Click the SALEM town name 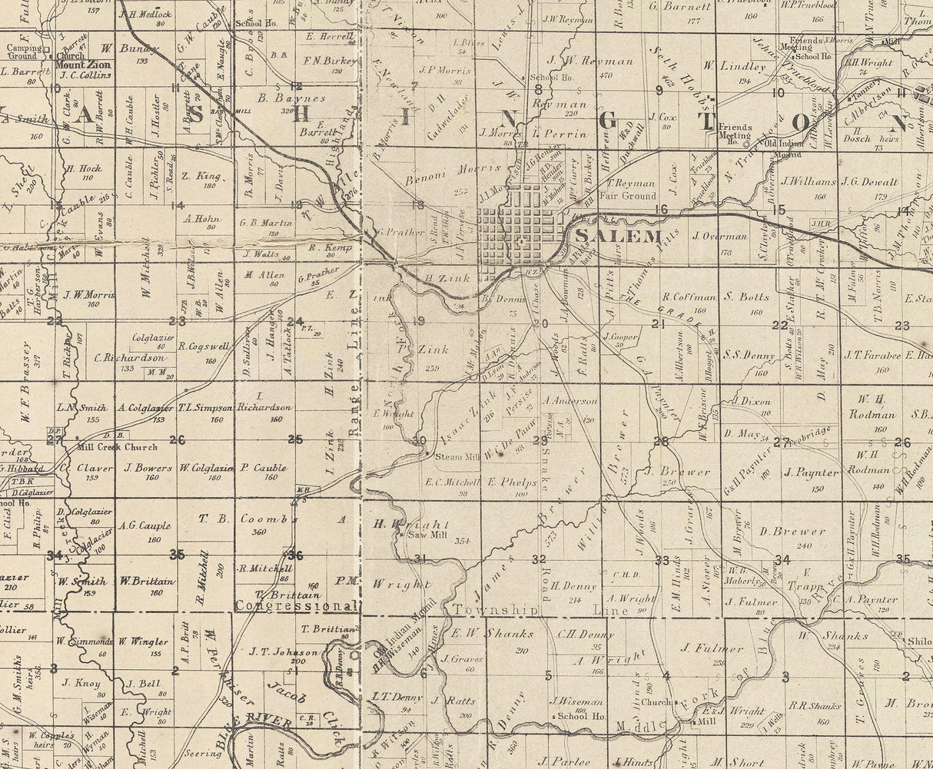[607, 235]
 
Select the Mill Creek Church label [117, 447]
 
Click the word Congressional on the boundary [297, 605]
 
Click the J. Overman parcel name [719, 236]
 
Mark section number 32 [538, 559]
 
